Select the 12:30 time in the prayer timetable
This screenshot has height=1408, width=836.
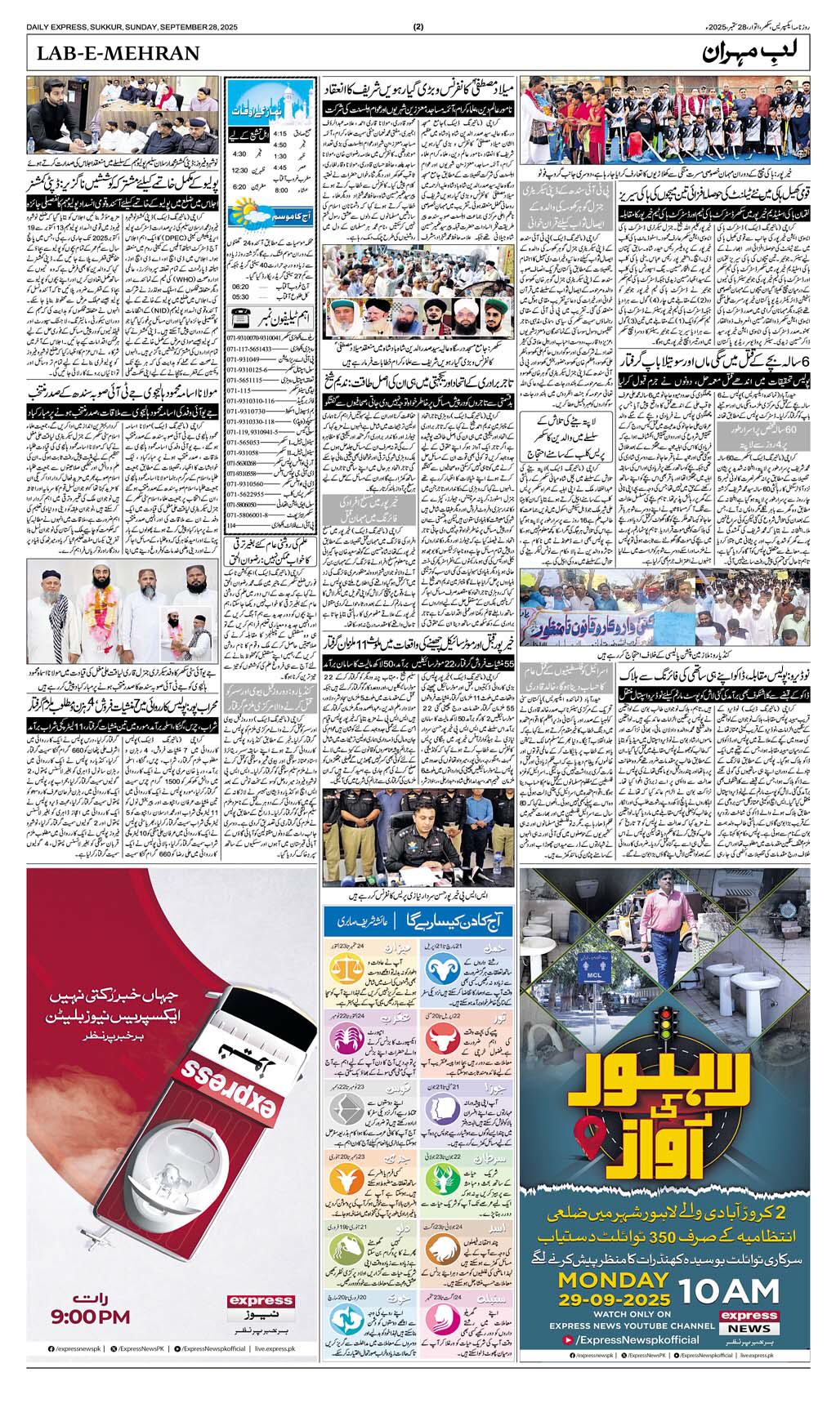click(x=239, y=171)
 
